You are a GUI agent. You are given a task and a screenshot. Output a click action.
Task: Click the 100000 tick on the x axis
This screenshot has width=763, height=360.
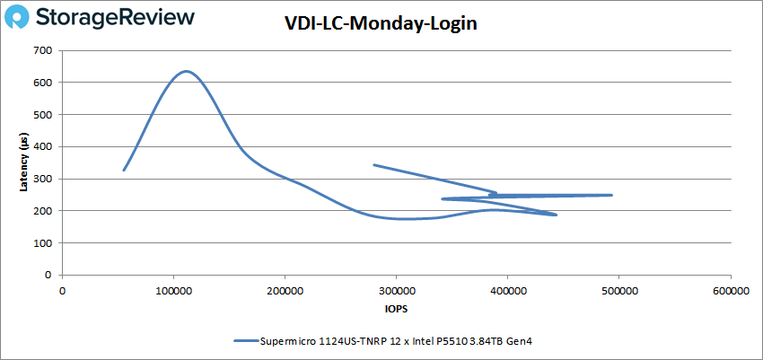tap(173, 291)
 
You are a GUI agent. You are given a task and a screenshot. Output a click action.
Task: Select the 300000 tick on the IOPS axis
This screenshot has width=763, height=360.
tap(396, 291)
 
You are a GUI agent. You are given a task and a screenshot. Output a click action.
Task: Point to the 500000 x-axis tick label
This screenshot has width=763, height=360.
tap(619, 291)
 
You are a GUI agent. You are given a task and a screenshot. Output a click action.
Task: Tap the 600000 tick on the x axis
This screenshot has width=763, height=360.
tap(731, 291)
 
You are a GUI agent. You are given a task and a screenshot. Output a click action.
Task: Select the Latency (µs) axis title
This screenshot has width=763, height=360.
tap(24, 162)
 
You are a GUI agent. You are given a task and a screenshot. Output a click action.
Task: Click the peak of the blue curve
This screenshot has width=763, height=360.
tap(187, 71)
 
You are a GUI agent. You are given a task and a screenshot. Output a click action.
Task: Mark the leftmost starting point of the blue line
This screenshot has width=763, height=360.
tap(124, 170)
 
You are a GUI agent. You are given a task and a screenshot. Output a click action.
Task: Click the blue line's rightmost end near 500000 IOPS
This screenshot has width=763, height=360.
tap(611, 195)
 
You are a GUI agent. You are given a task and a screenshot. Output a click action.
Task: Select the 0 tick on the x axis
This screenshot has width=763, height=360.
tap(62, 291)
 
